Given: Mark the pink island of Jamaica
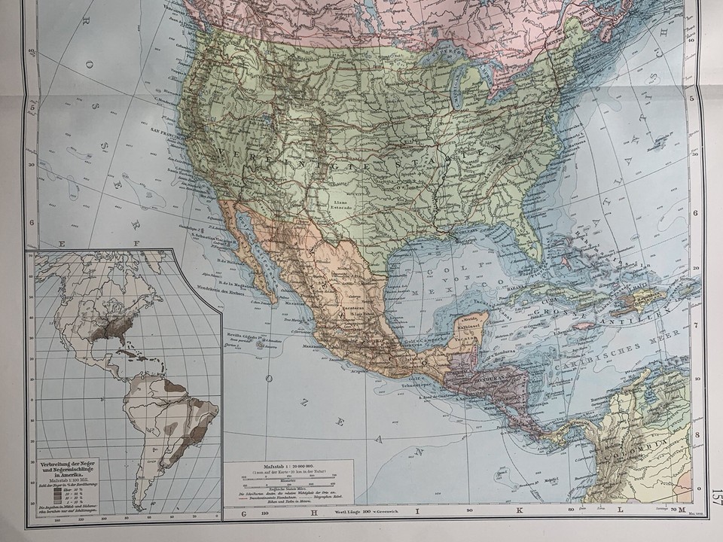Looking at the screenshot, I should point(583,326).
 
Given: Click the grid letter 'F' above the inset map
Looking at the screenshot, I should point(137,242).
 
